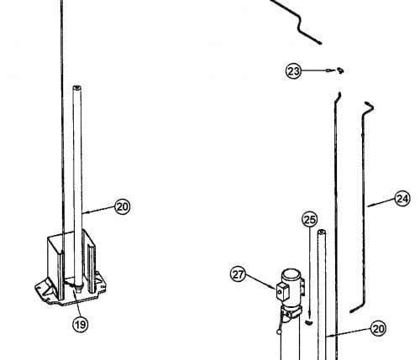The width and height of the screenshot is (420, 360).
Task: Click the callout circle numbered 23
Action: coord(293,71)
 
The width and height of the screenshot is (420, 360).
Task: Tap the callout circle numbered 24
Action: coord(402,199)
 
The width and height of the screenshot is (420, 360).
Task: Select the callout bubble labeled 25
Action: coord(310,220)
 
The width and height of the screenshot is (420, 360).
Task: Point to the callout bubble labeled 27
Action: coord(239,274)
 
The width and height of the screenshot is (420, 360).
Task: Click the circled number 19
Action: coord(81,325)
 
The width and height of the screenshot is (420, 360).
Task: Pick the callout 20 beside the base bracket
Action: coord(123,206)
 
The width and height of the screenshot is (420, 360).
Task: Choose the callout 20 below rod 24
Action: coord(378,328)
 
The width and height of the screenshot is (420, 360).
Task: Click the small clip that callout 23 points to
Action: coord(340,70)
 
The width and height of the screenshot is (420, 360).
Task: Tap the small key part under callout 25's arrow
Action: coord(309,323)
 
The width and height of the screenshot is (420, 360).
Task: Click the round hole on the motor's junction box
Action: coord(279,292)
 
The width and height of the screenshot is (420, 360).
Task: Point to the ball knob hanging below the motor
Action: coord(279,331)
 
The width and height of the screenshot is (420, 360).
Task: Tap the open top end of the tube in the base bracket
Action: coord(77,87)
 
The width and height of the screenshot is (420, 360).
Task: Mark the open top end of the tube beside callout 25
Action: coord(322,232)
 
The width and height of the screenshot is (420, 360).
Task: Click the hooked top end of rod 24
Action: coord(369,106)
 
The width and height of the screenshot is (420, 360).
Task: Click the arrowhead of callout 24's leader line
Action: coord(370,206)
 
